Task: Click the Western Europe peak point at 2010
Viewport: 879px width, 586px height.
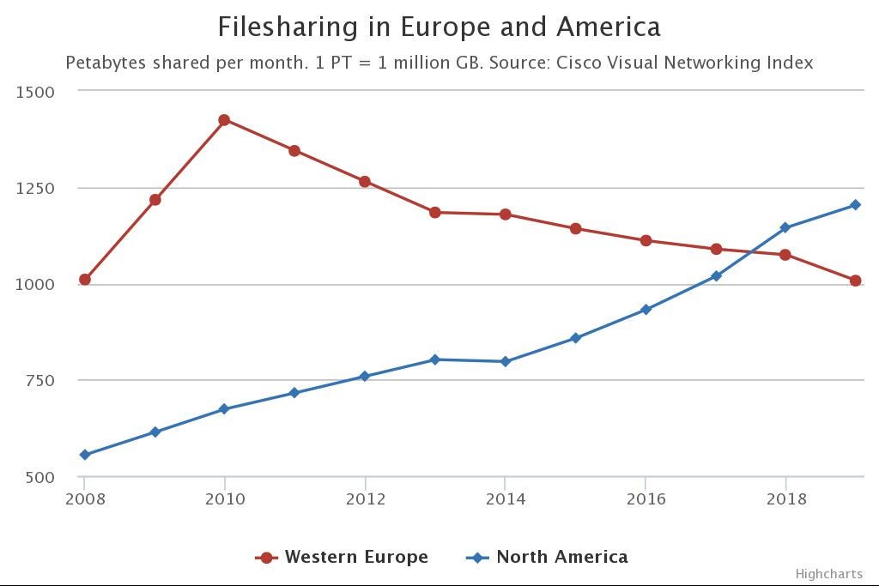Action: click(225, 120)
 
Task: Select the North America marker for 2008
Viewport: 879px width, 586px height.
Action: click(85, 455)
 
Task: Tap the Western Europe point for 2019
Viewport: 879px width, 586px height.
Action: click(856, 281)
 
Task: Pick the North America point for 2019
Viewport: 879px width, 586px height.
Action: click(856, 205)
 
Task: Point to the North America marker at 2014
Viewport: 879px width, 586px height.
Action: click(506, 362)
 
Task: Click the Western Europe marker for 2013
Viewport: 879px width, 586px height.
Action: click(435, 212)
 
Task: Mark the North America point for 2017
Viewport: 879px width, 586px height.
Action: click(716, 276)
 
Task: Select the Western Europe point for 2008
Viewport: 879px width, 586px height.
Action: click(85, 280)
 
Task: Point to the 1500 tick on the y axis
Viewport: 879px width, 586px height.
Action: click(35, 92)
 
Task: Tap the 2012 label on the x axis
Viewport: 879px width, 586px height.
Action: click(366, 499)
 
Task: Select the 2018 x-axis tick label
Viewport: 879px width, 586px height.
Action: click(785, 499)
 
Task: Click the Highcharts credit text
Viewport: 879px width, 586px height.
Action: click(828, 574)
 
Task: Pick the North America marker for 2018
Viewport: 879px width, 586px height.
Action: click(785, 228)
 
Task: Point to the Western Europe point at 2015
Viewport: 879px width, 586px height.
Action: click(576, 229)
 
